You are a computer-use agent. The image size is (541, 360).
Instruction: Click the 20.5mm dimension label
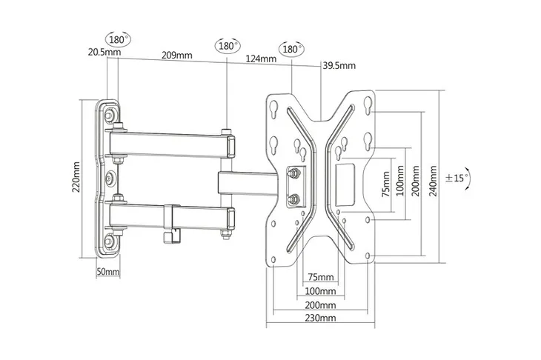point(104,52)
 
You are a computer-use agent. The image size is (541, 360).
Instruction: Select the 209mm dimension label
point(177,55)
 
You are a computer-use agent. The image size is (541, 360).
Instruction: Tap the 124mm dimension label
point(261,59)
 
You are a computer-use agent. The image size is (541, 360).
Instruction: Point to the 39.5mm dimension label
point(339,65)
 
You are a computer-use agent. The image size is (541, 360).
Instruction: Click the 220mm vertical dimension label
point(76,177)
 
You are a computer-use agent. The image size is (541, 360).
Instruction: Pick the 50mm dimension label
point(108,272)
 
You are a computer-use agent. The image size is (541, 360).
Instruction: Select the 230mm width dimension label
point(320,318)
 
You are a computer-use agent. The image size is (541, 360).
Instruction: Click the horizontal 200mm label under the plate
point(320,305)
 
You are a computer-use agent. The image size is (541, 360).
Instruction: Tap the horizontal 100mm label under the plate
point(320,291)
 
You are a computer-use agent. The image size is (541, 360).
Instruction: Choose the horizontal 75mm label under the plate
point(321,277)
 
